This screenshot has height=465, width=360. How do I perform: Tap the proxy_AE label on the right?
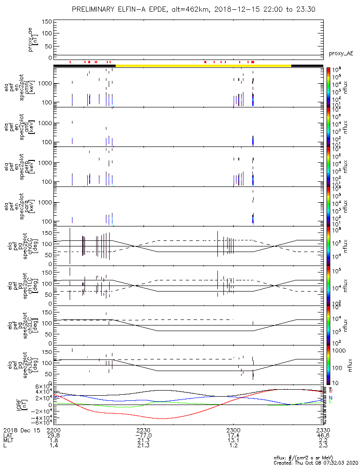coord(340,53)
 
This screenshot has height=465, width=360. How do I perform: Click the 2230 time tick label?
coord(144,430)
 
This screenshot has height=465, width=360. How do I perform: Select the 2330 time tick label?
coord(323,430)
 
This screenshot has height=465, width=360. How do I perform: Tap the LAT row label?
coord(8,435)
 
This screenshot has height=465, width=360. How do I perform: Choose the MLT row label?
coord(8,440)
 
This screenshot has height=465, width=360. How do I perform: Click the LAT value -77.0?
coord(144,435)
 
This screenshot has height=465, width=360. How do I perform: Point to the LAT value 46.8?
coord(323,435)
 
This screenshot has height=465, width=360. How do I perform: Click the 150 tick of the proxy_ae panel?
coord(46,22)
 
